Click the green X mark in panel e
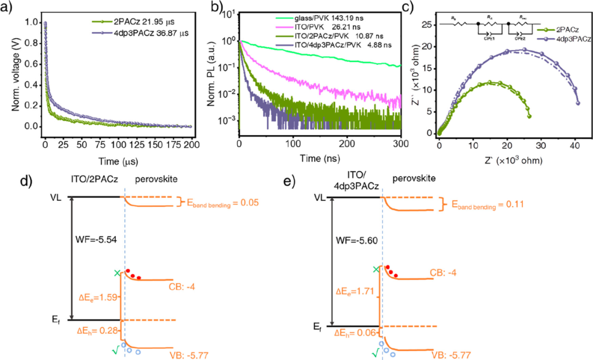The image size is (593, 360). coord(375,269)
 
